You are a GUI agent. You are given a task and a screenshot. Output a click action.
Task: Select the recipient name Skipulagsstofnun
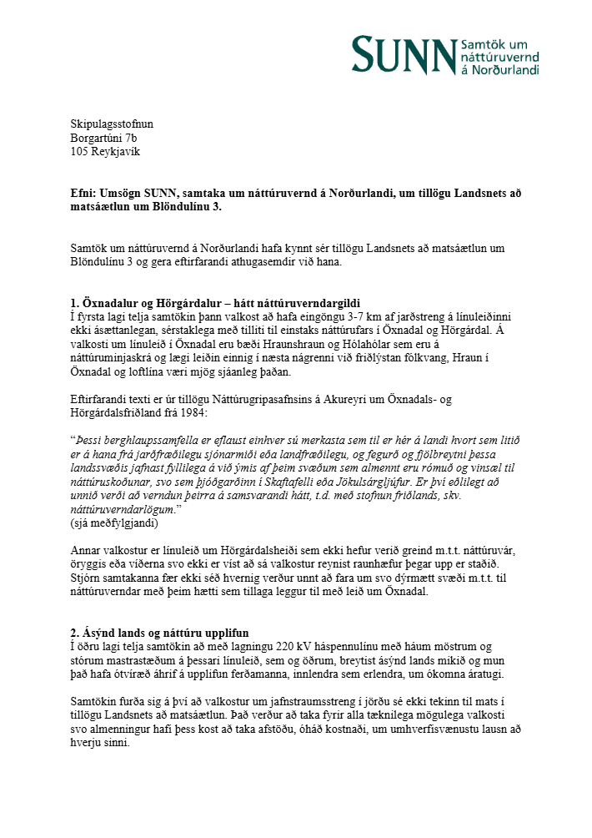point(112,124)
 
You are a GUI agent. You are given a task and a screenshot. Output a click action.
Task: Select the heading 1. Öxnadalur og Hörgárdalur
point(151,301)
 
